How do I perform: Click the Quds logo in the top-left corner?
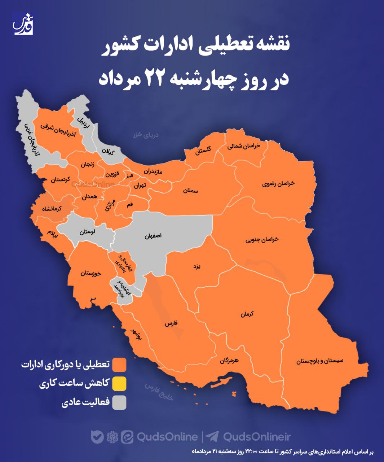point(23,24)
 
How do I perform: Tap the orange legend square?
point(119,365)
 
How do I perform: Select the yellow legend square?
point(119,384)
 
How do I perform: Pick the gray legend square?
point(119,402)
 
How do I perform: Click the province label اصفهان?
point(153,236)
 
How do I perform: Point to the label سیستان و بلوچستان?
point(320,361)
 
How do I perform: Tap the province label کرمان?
point(247,314)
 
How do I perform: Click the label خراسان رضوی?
point(278,184)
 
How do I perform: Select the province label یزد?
point(197,267)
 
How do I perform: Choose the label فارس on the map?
point(171,324)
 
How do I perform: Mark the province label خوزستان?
point(91,273)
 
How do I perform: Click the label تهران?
point(140,186)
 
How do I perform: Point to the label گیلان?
point(108,151)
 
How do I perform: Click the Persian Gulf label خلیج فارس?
point(159,392)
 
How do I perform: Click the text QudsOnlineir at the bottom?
point(257,437)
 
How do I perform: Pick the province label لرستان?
point(87,232)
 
